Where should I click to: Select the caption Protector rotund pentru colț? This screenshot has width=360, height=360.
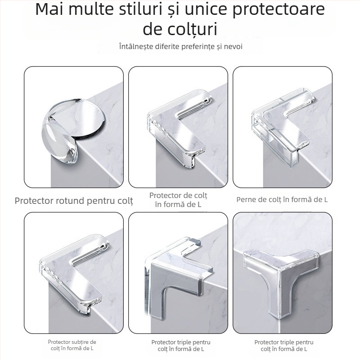[74, 201]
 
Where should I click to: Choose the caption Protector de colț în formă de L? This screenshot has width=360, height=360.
[179, 200]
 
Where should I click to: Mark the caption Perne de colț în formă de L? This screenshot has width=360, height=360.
[282, 199]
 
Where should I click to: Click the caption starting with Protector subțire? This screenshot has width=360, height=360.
[72, 345]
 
